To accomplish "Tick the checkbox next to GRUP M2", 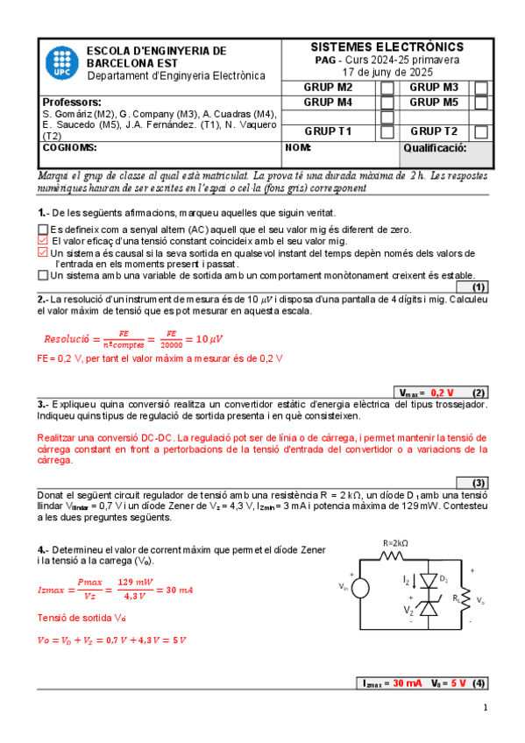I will (x=387, y=88).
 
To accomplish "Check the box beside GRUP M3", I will (x=480, y=88).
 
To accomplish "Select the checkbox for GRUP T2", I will (x=480, y=132).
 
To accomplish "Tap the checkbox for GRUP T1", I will (x=387, y=132).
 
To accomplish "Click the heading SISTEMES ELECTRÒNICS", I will (x=387, y=46).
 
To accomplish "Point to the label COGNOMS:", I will (x=64, y=148).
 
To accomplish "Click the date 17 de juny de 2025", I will (x=387, y=72).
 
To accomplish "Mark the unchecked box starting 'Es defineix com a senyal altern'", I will (x=43, y=230).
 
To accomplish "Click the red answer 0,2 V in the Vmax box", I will (x=442, y=393).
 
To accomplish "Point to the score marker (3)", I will (x=479, y=483).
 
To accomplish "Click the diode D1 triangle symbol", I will (x=429, y=581).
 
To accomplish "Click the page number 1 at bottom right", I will (x=485, y=708).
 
